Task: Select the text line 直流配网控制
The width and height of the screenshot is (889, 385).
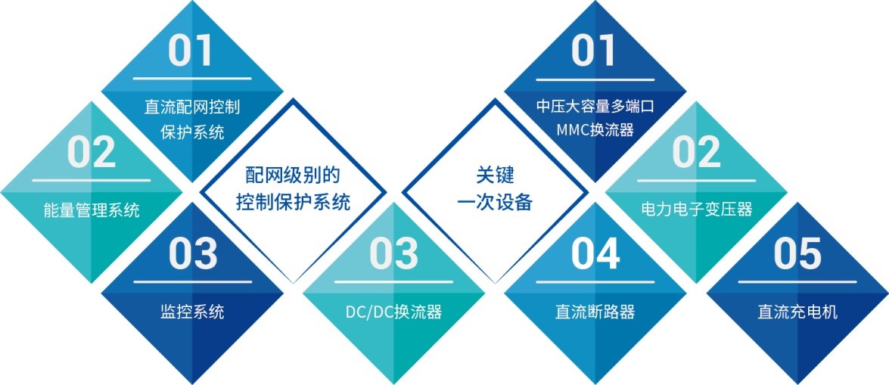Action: click(192, 107)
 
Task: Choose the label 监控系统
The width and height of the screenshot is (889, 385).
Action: click(192, 311)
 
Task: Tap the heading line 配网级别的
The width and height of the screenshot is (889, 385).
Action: click(293, 175)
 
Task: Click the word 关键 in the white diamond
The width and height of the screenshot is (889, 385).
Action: click(495, 175)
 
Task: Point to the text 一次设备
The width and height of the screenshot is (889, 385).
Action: click(495, 202)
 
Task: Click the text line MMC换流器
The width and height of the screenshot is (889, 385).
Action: click(595, 130)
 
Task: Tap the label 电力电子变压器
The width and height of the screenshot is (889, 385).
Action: click(696, 210)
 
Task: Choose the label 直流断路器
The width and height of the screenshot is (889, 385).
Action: click(595, 311)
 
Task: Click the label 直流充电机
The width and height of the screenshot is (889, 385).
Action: click(797, 311)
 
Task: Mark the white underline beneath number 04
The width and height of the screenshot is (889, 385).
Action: click(595, 281)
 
